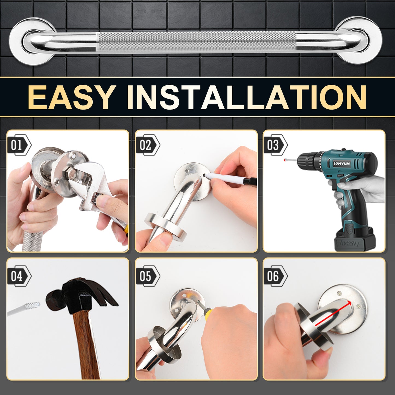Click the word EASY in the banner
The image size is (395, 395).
72,97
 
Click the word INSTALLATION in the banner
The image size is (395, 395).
246,97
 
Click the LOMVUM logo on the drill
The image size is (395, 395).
341,163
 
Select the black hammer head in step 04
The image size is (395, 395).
79,297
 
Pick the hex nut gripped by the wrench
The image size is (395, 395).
70,172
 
